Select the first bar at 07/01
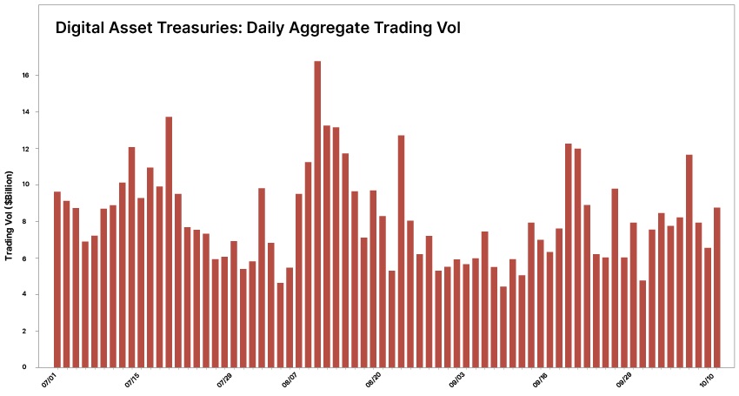[x=57, y=279]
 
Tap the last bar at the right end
[x=716, y=287]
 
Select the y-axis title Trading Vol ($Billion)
[x=10, y=216]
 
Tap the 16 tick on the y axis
[x=26, y=76]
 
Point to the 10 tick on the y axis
[x=26, y=185]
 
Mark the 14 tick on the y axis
[x=26, y=112]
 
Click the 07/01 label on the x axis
[x=49, y=380]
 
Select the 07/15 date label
[x=132, y=380]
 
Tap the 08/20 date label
[x=374, y=380]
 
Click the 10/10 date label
[x=708, y=380]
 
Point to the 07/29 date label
[x=225, y=380]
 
